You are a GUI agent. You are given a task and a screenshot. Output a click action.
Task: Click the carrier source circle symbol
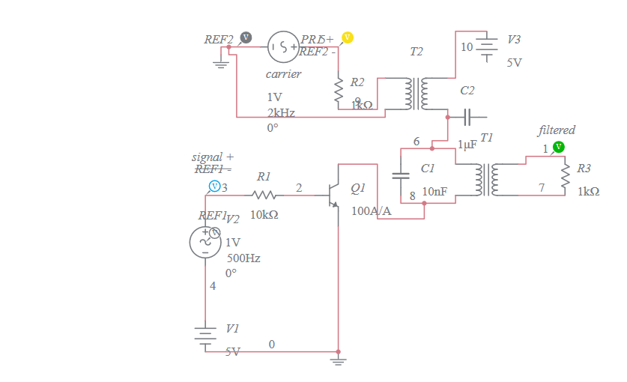pos(283,47)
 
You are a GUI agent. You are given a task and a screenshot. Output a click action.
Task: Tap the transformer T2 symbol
pos(417,93)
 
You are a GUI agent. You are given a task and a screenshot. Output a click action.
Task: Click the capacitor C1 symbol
pos(402,177)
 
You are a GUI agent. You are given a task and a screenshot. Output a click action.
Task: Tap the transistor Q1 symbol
pos(333,195)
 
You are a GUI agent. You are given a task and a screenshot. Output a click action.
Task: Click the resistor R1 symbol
pos(264,195)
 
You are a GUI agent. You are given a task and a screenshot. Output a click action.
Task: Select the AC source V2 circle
pos(205,241)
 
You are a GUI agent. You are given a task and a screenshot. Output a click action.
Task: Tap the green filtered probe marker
pos(558,146)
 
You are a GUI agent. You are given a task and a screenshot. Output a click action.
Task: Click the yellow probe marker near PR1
pos(347,37)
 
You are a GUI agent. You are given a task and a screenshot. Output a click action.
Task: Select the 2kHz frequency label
pos(281,112)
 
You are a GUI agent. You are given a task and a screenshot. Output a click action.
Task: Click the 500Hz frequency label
pos(243,258)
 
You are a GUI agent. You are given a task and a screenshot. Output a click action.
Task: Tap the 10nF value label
pos(434,192)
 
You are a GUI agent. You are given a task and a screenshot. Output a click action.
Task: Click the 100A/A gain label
pos(372,211)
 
